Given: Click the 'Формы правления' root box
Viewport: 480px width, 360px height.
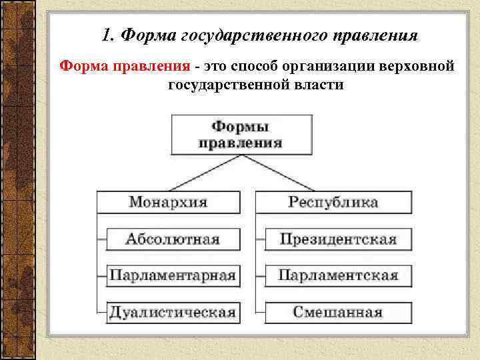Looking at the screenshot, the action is (239, 134).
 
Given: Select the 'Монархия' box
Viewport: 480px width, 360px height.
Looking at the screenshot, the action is (168, 202).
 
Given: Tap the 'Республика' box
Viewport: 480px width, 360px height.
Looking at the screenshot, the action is (333, 202).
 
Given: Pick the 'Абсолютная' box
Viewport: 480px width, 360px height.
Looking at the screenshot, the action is (173, 239).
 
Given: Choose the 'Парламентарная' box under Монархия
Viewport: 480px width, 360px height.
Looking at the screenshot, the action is (173, 275).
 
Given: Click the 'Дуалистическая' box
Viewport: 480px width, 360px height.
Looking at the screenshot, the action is (173, 311).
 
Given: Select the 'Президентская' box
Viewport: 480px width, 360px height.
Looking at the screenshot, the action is (337, 239).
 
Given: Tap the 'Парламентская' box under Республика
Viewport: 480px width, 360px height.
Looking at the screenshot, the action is (337, 275).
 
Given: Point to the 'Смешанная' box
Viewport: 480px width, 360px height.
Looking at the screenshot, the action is (337, 311).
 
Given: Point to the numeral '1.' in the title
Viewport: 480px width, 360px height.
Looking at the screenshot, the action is (110, 35).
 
